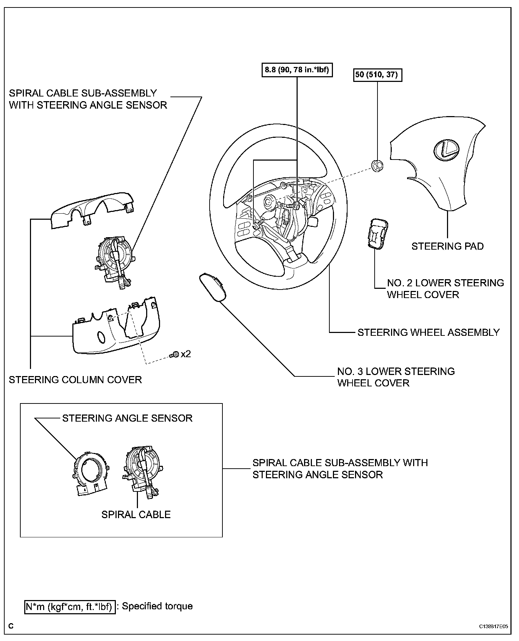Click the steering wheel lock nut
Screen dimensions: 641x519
tap(377, 166)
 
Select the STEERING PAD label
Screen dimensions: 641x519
tap(447, 246)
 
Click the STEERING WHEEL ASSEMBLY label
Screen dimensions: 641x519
tap(428, 332)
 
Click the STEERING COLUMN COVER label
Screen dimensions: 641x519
tap(75, 380)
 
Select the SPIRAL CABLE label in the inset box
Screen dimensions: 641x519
tap(136, 514)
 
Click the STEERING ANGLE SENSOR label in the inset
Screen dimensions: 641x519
tap(127, 418)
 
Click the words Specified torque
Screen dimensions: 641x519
tap(157, 606)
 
